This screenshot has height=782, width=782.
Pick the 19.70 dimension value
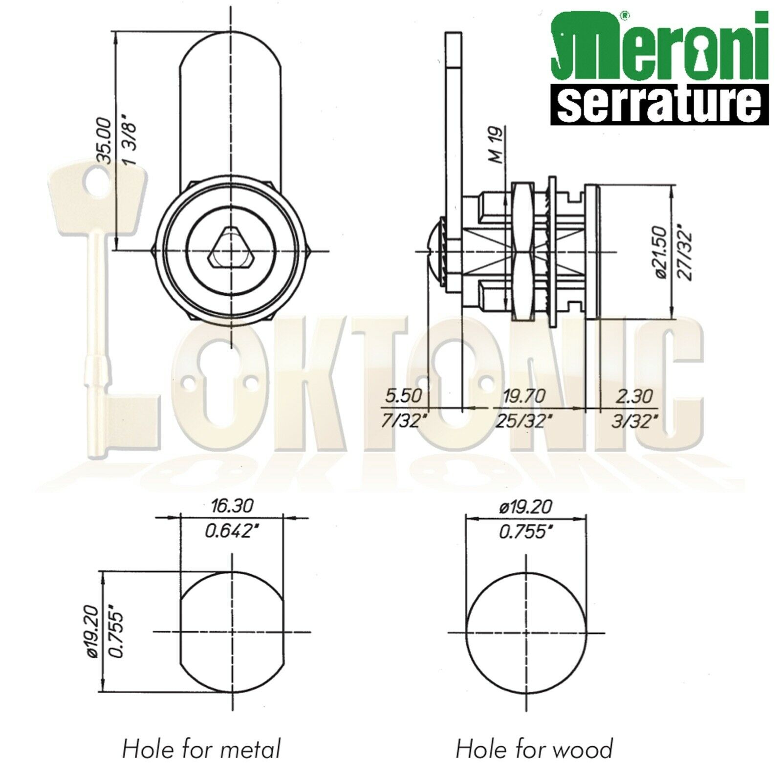pos(523,395)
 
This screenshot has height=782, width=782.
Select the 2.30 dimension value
pos(634,395)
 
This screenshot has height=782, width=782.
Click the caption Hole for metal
pos(201,749)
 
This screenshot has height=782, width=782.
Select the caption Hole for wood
pos(534,749)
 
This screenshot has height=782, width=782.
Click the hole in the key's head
pos(93,186)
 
